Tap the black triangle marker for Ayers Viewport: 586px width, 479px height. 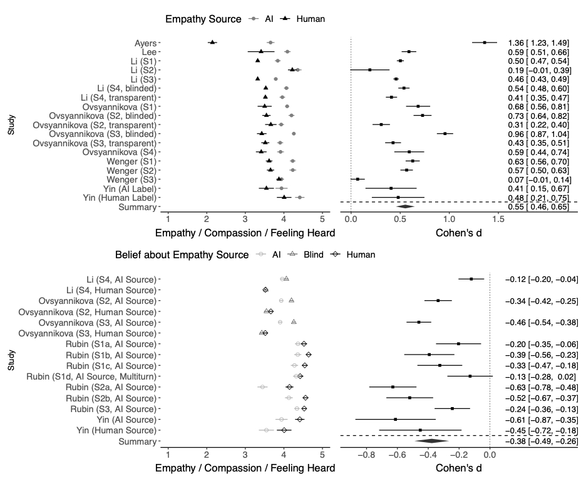point(212,43)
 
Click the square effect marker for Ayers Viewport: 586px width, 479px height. point(484,43)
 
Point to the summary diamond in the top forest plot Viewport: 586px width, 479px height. point(405,206)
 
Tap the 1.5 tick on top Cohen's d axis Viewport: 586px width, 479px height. point(498,219)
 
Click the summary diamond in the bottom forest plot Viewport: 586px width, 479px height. point(431,441)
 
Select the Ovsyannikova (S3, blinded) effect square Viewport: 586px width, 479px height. point(445,133)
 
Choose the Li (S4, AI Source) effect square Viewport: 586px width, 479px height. point(471,279)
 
